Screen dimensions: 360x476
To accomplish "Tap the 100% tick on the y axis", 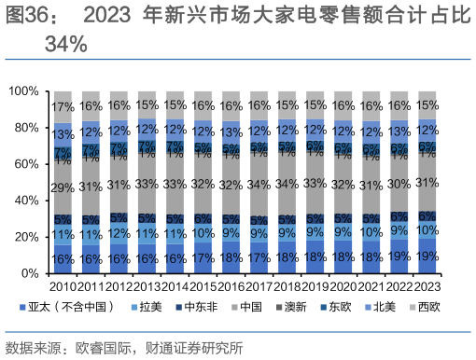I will point(24,91).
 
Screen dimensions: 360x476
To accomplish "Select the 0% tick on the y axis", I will point(30,273).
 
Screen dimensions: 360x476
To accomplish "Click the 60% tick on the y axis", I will point(27,164).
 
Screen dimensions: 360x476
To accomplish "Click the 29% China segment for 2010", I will point(63,188).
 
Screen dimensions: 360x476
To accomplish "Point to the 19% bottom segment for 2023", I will point(427,256).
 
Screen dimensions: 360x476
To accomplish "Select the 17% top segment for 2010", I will point(63,106).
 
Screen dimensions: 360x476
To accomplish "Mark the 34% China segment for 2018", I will point(287,183).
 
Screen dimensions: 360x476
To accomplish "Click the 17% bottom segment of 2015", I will point(203,257).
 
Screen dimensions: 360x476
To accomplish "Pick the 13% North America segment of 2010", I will point(63,133).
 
